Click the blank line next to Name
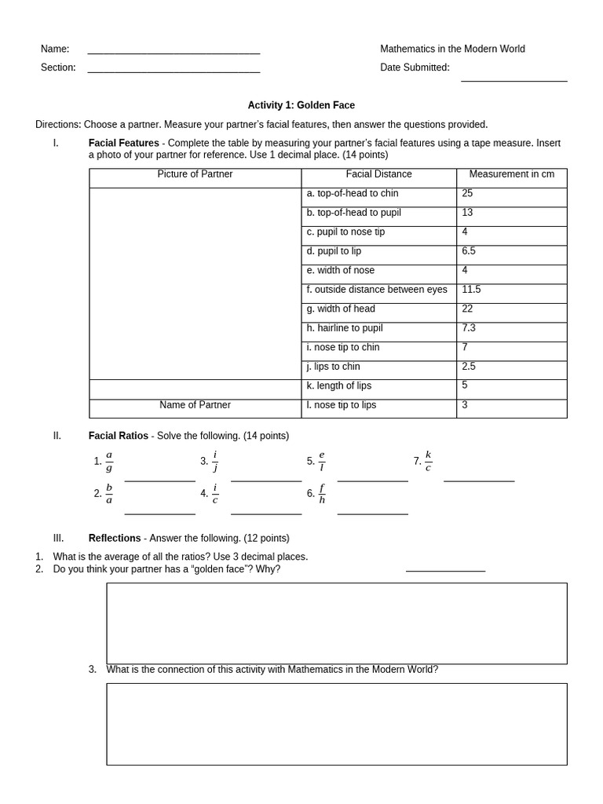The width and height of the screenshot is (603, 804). click(x=174, y=52)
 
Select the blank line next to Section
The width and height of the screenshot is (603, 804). click(x=174, y=71)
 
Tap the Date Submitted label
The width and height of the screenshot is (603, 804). click(x=415, y=68)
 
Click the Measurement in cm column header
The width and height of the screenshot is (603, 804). click(x=511, y=174)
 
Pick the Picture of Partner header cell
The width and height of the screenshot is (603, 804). click(x=195, y=174)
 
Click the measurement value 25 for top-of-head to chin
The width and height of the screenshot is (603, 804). click(x=468, y=193)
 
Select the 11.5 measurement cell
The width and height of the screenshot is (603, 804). click(x=471, y=290)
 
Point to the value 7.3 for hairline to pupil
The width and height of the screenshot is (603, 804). click(x=469, y=328)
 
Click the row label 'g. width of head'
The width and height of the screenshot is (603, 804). click(x=341, y=309)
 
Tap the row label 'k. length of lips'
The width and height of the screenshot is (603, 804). click(x=339, y=386)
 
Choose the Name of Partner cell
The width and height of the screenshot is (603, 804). click(x=195, y=405)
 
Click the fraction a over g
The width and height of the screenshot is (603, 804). click(x=109, y=462)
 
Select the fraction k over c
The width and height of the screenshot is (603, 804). click(x=428, y=461)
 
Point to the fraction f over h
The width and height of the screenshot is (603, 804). click(x=322, y=494)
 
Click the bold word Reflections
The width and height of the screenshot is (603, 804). click(x=115, y=539)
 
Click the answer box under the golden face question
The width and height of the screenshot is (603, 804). click(x=336, y=623)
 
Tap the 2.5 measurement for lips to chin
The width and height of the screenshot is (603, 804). click(x=469, y=367)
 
